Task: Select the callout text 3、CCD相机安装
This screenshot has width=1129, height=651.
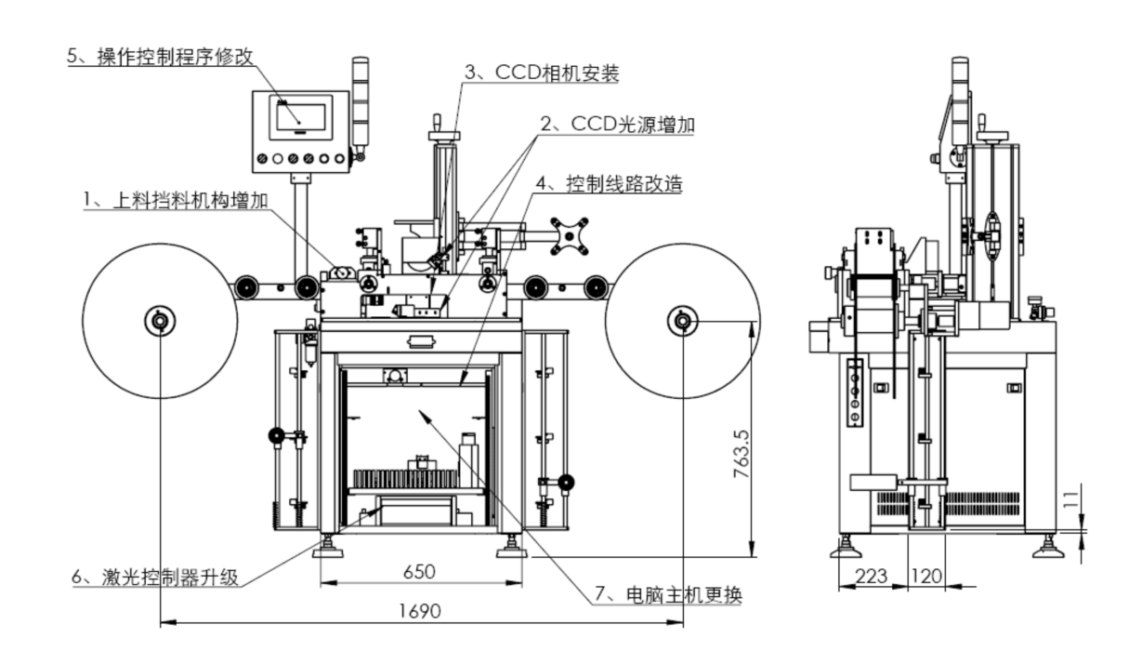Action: coord(542,73)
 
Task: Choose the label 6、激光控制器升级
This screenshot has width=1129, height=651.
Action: coord(156,577)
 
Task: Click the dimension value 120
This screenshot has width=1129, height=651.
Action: coord(926,577)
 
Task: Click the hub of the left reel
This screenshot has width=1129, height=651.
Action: coord(159,322)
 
